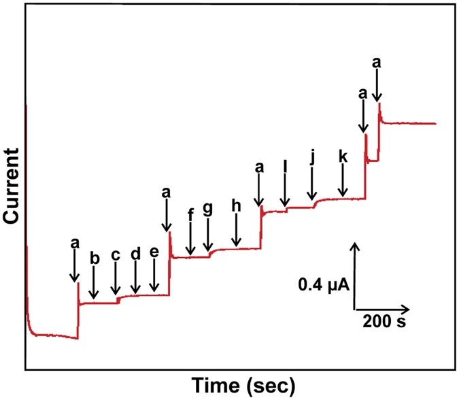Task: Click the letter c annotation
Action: click(116, 255)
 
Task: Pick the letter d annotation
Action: click(135, 254)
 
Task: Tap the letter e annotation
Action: click(154, 252)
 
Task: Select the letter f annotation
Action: click(190, 212)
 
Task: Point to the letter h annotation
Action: click(236, 205)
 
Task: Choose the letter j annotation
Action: click(311, 159)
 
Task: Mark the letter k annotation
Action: click(343, 156)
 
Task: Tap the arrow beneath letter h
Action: click(236, 231)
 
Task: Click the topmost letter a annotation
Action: click(377, 63)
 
